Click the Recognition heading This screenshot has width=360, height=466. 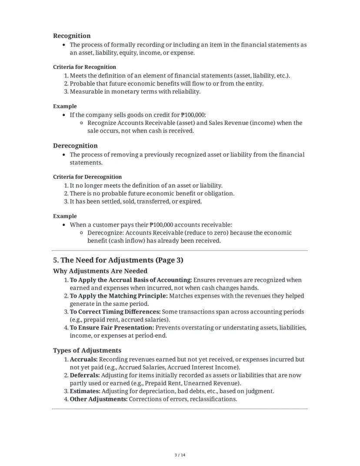72,36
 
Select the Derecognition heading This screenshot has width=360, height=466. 75,146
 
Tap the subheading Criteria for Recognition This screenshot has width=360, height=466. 84,67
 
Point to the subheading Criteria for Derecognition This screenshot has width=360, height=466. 87,177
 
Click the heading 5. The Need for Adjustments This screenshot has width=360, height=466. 118,260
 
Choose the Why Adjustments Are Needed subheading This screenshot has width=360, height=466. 100,271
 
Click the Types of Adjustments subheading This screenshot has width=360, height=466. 87,350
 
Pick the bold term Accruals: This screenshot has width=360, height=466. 83,359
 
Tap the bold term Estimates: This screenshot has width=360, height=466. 85,391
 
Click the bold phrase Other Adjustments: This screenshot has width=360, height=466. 99,399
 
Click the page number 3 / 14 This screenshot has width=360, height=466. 180,455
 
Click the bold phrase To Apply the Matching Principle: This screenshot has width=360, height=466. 119,296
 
